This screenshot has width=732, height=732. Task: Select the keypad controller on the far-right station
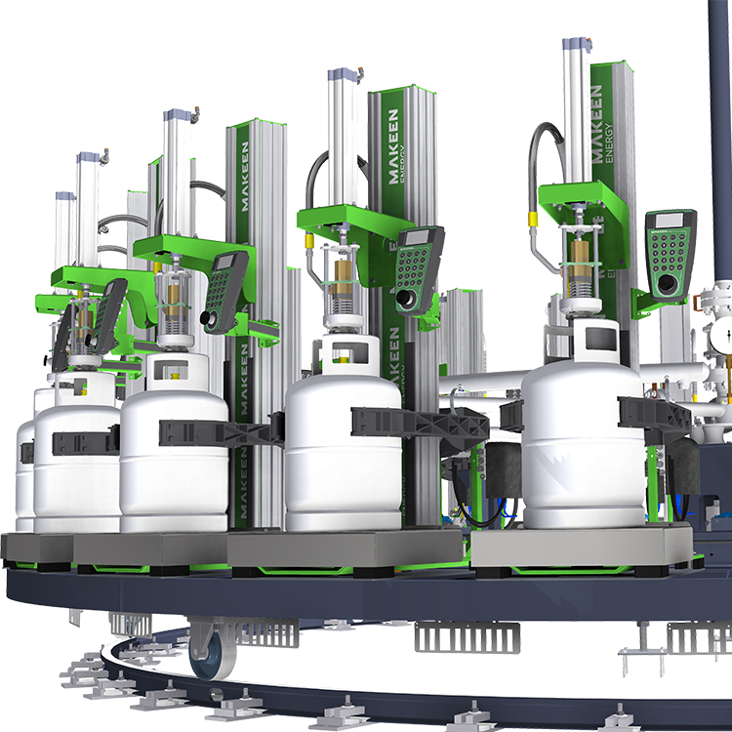point(670,252)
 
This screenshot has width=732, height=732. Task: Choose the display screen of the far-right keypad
point(671,224)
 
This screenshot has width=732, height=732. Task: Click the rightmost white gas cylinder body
point(582,449)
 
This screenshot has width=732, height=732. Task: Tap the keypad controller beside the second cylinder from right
point(420,268)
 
